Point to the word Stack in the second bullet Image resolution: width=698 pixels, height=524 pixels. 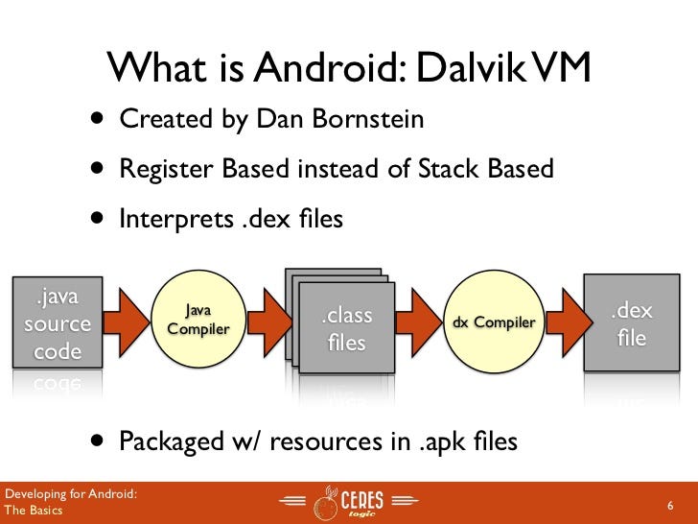[453, 169]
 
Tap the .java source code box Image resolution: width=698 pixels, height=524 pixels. [58, 322]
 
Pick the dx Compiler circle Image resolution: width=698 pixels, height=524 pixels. [493, 322]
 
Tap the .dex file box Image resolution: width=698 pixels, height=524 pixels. [632, 323]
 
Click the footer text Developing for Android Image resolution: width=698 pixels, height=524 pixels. [69, 494]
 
